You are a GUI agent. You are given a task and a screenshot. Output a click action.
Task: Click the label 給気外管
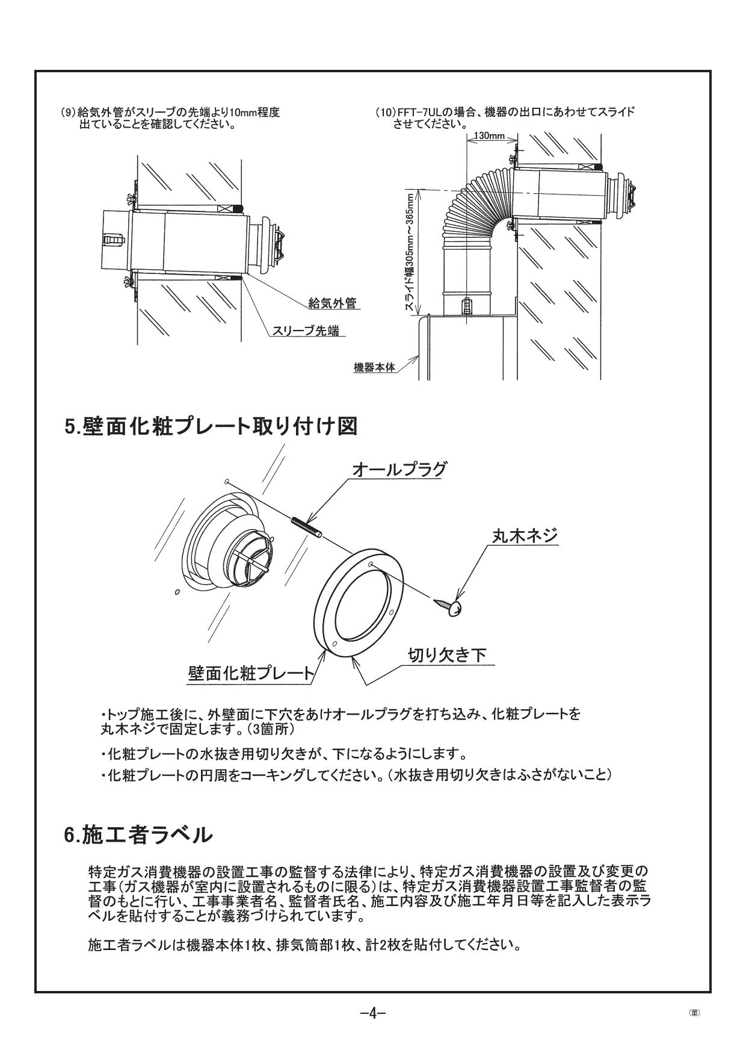pos(331,303)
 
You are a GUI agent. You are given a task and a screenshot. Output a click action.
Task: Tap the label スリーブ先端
pos(305,331)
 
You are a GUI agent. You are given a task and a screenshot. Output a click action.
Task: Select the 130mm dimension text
pos(489,136)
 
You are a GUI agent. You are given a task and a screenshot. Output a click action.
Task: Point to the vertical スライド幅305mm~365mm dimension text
pos(410,252)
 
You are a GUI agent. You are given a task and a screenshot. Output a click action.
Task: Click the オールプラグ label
pos(399,470)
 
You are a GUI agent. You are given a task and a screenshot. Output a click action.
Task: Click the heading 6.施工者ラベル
pos(138,834)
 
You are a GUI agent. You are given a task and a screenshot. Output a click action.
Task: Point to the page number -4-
pos(372,1013)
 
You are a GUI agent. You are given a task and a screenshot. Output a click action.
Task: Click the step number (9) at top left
pos(69,113)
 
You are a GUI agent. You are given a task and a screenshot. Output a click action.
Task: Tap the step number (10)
pos(384,113)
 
